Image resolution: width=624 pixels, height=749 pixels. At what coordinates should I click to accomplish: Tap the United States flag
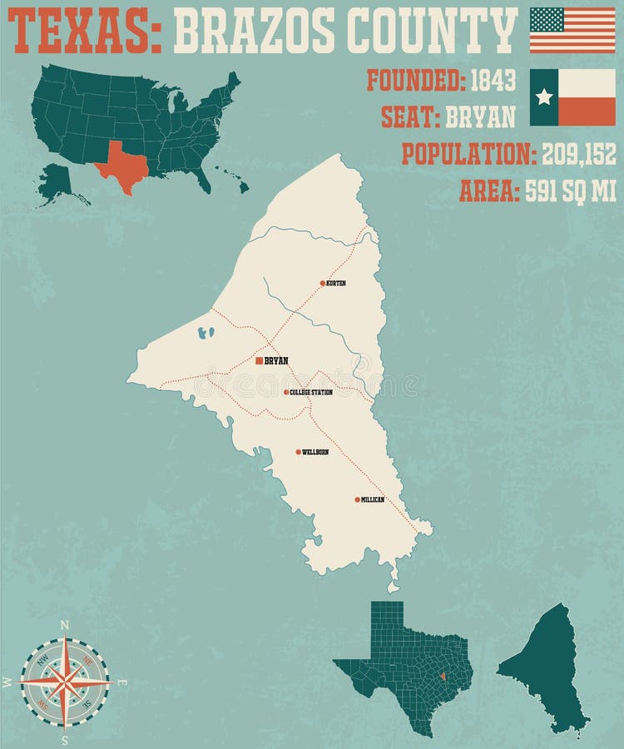(x=572, y=30)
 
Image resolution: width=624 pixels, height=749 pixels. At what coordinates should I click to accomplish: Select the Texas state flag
(x=572, y=97)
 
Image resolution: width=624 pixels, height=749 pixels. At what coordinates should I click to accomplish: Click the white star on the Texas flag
(x=544, y=97)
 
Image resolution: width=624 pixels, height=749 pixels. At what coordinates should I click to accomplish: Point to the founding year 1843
(x=493, y=80)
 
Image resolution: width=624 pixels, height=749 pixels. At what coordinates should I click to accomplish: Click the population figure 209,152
(x=579, y=154)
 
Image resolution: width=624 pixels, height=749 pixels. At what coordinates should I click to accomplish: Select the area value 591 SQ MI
(x=571, y=191)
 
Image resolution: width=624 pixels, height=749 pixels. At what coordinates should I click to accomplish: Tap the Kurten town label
(x=336, y=284)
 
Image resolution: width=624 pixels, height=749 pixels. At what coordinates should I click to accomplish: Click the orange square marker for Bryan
(x=260, y=360)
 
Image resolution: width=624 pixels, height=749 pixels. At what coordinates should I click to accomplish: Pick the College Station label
(x=312, y=392)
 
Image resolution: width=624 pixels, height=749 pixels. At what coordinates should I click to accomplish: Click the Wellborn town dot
(x=298, y=452)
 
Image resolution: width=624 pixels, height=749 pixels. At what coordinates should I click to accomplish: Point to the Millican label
(x=373, y=499)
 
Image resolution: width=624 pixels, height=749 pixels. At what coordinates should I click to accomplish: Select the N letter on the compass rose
(x=65, y=624)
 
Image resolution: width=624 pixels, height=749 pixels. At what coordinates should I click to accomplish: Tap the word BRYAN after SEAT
(x=481, y=117)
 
